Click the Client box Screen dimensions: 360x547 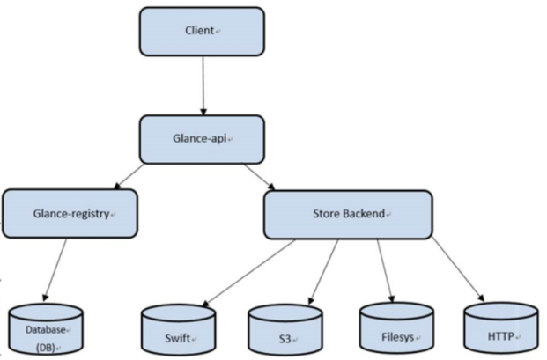tap(201, 31)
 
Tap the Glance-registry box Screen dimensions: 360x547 tap(70, 214)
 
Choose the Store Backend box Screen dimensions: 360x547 tap(349, 214)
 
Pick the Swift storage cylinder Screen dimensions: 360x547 tap(180, 329)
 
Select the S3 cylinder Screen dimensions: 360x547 tap(284, 330)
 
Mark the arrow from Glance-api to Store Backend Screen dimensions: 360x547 tap(257, 174)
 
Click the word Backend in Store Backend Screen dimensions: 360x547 tap(363, 214)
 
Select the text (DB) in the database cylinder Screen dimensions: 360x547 tap(45, 346)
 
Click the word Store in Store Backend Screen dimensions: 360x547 tap(326, 214)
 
